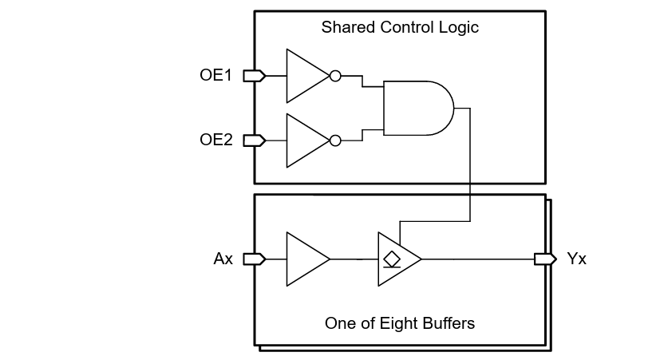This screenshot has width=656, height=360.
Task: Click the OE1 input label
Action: (x=215, y=76)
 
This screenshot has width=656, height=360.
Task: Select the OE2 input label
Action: (x=215, y=140)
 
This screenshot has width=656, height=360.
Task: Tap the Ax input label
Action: (x=223, y=259)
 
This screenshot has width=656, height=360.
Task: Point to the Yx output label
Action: (x=576, y=259)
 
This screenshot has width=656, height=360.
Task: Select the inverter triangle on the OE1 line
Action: (x=306, y=76)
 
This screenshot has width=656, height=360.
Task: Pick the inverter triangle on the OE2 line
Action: (x=306, y=140)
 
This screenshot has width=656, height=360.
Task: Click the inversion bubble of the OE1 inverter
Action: (x=335, y=76)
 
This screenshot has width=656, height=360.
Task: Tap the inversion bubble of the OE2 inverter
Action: (x=335, y=140)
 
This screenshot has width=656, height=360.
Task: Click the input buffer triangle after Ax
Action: (x=306, y=259)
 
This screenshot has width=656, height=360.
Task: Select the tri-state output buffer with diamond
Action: (x=397, y=259)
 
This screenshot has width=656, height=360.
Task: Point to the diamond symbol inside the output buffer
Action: (x=391, y=259)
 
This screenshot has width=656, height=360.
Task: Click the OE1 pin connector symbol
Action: (x=254, y=76)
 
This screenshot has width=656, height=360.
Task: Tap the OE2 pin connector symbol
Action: (x=254, y=140)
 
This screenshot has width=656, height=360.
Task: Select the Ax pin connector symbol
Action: (x=254, y=259)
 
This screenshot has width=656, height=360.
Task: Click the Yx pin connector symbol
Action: (x=545, y=259)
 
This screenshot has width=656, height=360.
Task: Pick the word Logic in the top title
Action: (x=460, y=27)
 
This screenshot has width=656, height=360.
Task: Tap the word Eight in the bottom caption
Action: (x=401, y=323)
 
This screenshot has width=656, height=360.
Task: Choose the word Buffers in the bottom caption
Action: (x=449, y=323)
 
